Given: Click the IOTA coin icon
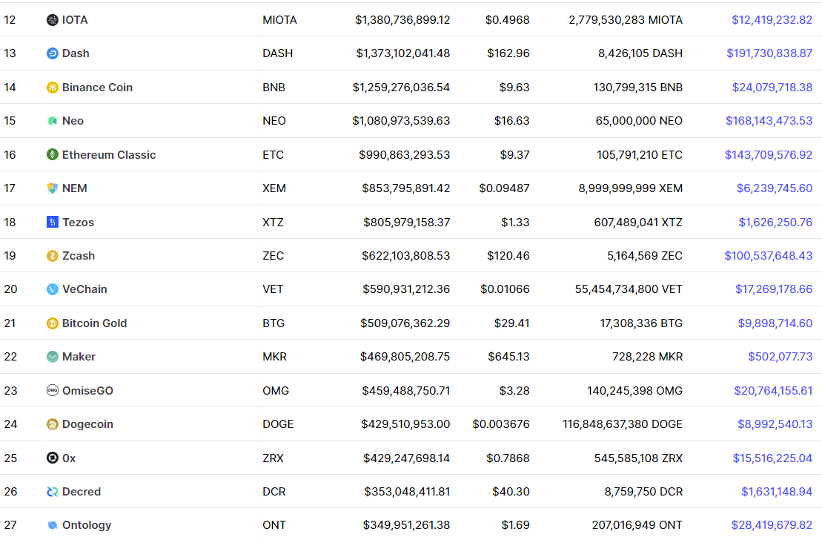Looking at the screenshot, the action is (53, 20).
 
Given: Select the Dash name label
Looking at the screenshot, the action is (76, 53).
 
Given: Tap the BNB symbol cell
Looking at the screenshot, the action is (274, 87).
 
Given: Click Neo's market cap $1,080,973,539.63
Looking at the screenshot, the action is (401, 121).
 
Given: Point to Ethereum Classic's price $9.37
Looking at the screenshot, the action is (514, 155).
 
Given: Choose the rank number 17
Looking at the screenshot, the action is (10, 188).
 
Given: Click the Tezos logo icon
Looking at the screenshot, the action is (53, 222).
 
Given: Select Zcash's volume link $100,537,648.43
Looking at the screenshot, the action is (768, 256).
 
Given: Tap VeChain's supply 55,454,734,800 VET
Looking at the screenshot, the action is (629, 289).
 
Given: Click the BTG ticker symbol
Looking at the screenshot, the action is (274, 323).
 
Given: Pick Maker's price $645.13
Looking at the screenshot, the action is (508, 357).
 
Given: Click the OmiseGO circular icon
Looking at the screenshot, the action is (53, 390).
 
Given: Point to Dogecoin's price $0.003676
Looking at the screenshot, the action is (500, 424).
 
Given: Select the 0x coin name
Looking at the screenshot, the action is (69, 458).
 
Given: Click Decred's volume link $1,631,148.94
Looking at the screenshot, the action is (776, 492).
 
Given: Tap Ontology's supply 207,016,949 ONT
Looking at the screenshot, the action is (637, 525).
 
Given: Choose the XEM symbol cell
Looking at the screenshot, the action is (274, 188).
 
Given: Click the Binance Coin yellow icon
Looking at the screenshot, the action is (53, 87).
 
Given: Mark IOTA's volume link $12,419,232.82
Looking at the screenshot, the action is (772, 20).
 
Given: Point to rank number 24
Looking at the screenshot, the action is (10, 424).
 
